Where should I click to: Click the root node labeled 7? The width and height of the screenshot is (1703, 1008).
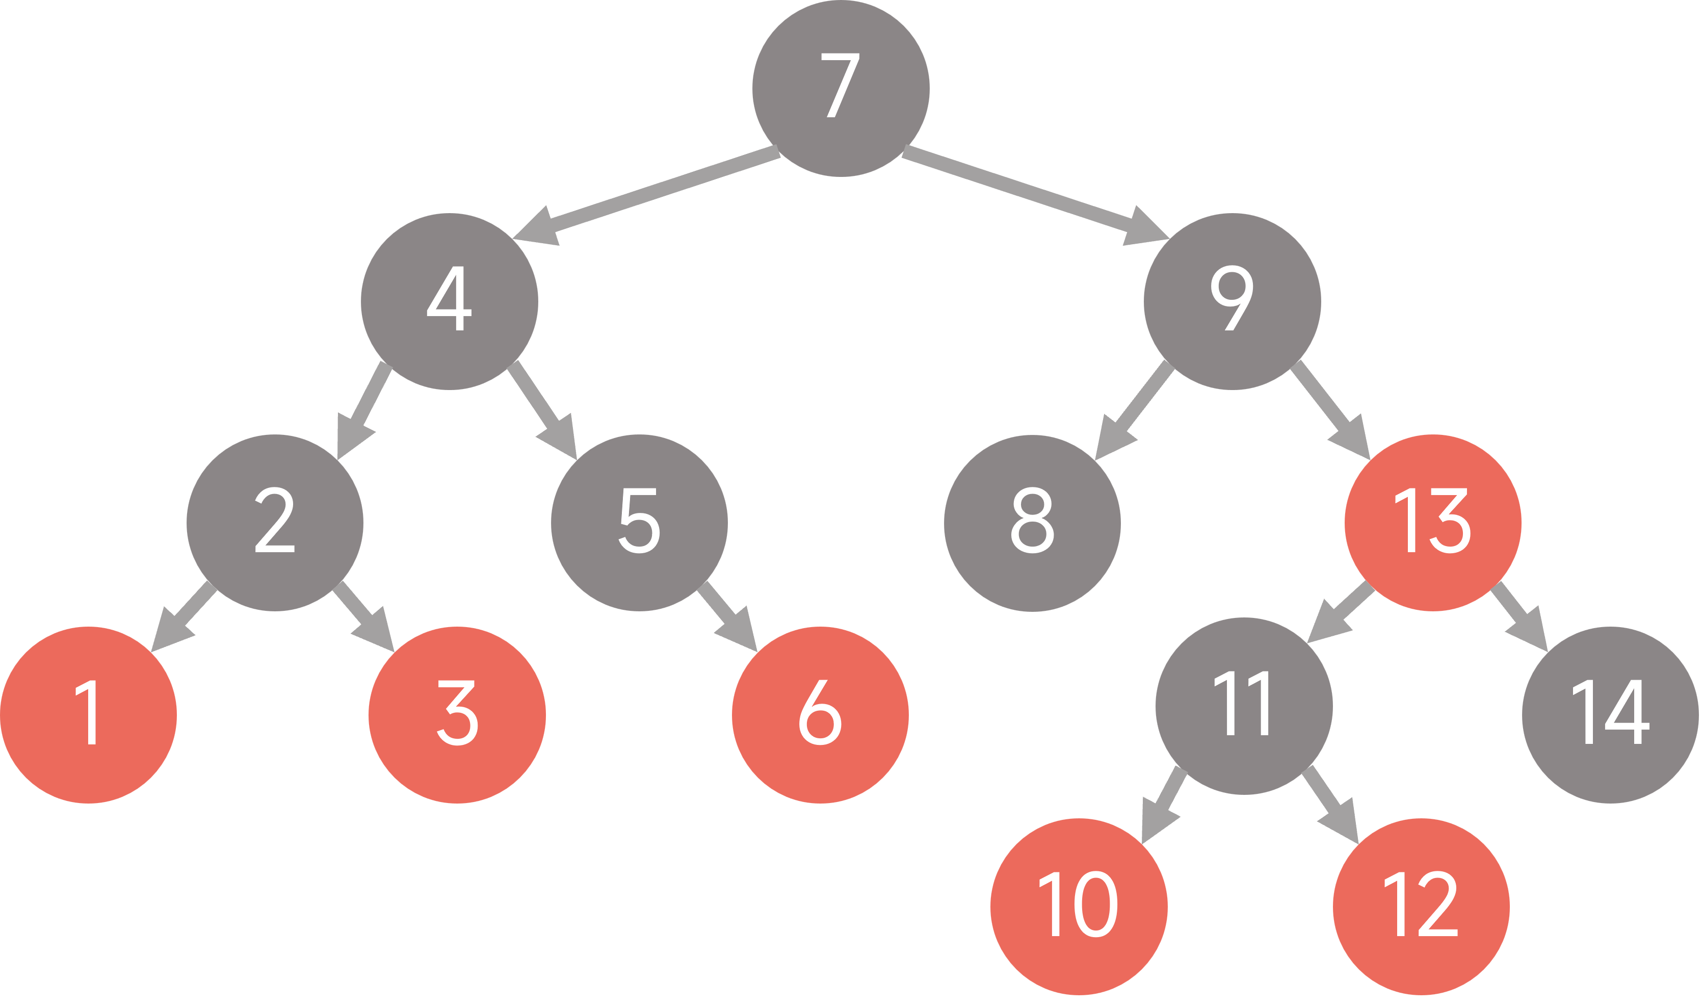click(x=841, y=88)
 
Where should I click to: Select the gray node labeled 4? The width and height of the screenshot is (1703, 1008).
click(x=450, y=301)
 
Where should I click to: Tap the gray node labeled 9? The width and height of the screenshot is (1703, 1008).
click(x=1232, y=301)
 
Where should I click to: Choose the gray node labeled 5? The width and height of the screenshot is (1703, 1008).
click(x=639, y=522)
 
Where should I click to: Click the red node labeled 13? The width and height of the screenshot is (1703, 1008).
click(x=1433, y=522)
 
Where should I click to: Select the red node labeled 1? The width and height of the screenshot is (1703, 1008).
click(x=88, y=714)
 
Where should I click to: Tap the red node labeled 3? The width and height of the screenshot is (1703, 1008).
click(x=457, y=714)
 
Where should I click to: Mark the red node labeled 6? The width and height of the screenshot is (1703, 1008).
click(x=820, y=714)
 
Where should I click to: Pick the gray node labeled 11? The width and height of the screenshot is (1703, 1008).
click(x=1244, y=706)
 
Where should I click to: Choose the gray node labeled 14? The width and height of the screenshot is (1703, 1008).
click(x=1610, y=714)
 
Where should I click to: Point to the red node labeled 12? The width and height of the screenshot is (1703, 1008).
click(x=1421, y=906)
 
